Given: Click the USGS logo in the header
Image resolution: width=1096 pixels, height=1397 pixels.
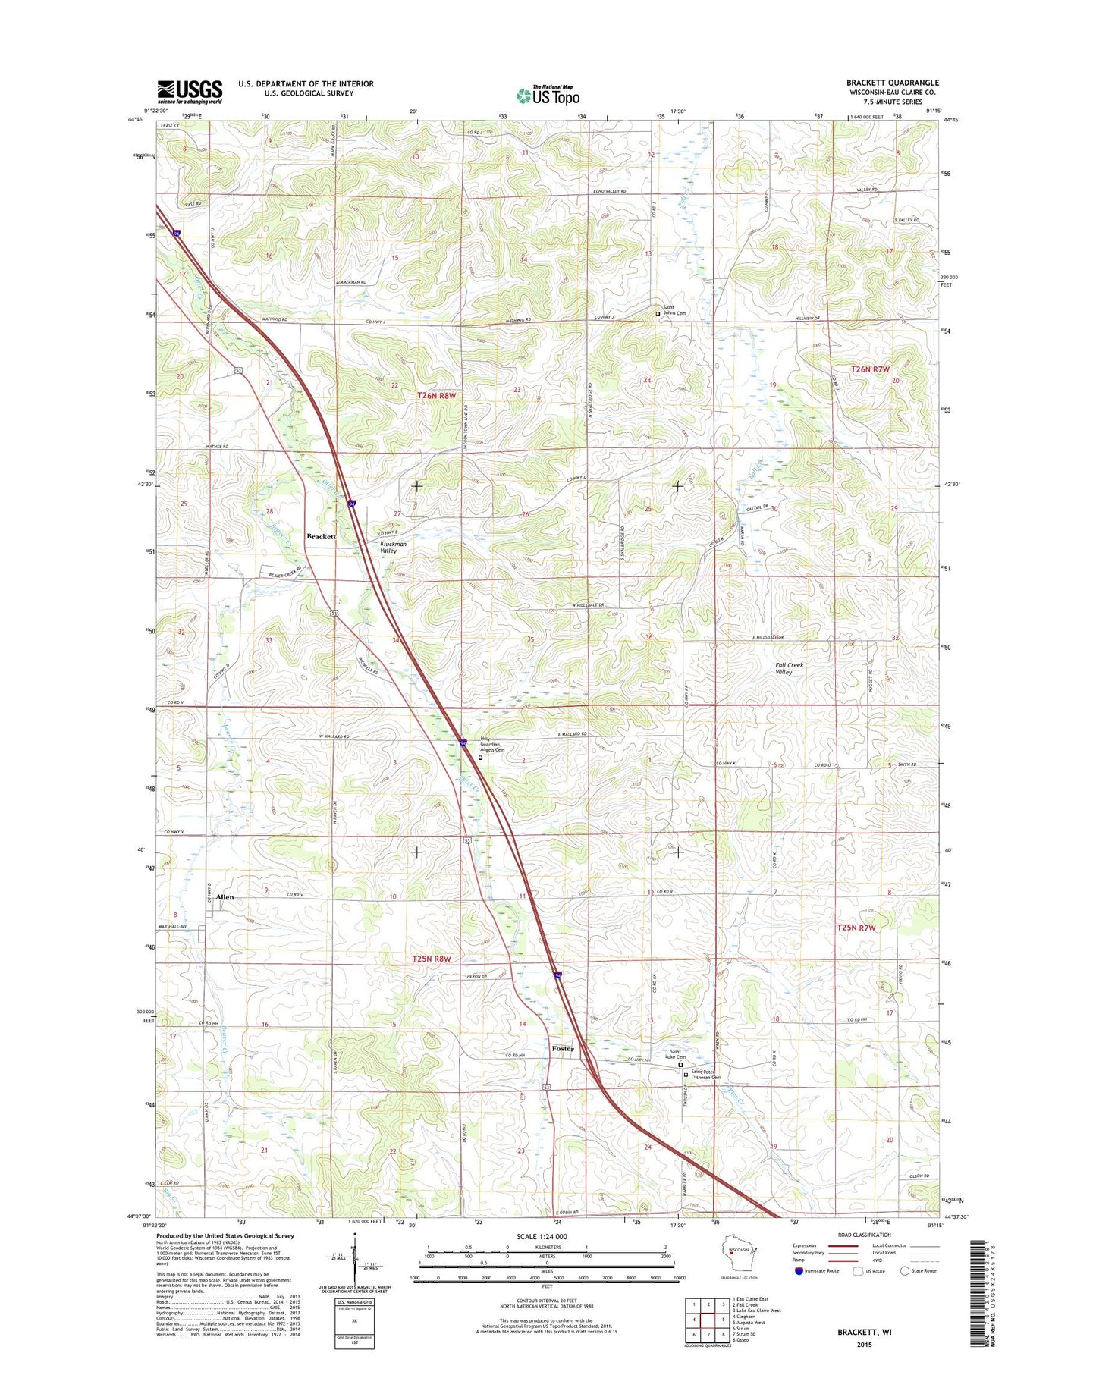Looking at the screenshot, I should (x=190, y=91).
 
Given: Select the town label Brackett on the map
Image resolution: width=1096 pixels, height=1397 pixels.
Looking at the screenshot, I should (x=321, y=536).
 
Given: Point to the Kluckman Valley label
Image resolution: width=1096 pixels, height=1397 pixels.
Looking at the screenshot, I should (x=393, y=547).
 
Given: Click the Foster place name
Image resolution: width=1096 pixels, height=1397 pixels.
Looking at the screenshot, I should (x=563, y=1048).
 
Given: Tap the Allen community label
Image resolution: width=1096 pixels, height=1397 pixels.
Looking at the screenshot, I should (x=225, y=897).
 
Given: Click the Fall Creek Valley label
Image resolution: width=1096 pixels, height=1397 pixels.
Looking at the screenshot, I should (x=789, y=668).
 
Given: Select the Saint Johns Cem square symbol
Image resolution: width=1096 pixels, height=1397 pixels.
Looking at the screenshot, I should (x=658, y=313).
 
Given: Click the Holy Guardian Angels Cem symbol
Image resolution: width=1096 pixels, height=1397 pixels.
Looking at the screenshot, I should (x=480, y=757).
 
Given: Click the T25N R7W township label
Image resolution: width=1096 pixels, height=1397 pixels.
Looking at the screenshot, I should (x=856, y=928).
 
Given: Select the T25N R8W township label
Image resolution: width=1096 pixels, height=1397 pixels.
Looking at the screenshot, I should (x=432, y=959).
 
